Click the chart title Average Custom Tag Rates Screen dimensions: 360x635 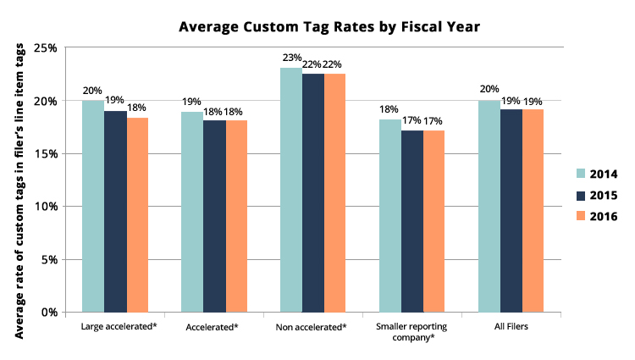pos(329,27)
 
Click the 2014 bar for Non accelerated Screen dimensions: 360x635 pos(291,190)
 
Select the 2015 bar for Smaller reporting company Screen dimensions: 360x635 pos(412,221)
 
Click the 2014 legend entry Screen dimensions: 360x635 pos(596,174)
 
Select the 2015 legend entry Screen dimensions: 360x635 pos(596,196)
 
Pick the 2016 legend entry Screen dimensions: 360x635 pos(596,217)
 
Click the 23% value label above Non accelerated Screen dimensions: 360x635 pos(291,58)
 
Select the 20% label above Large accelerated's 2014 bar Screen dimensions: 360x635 pos(92,90)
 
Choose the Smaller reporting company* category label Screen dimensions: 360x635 pos(412,331)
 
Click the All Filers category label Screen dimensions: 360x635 pos(511,326)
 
